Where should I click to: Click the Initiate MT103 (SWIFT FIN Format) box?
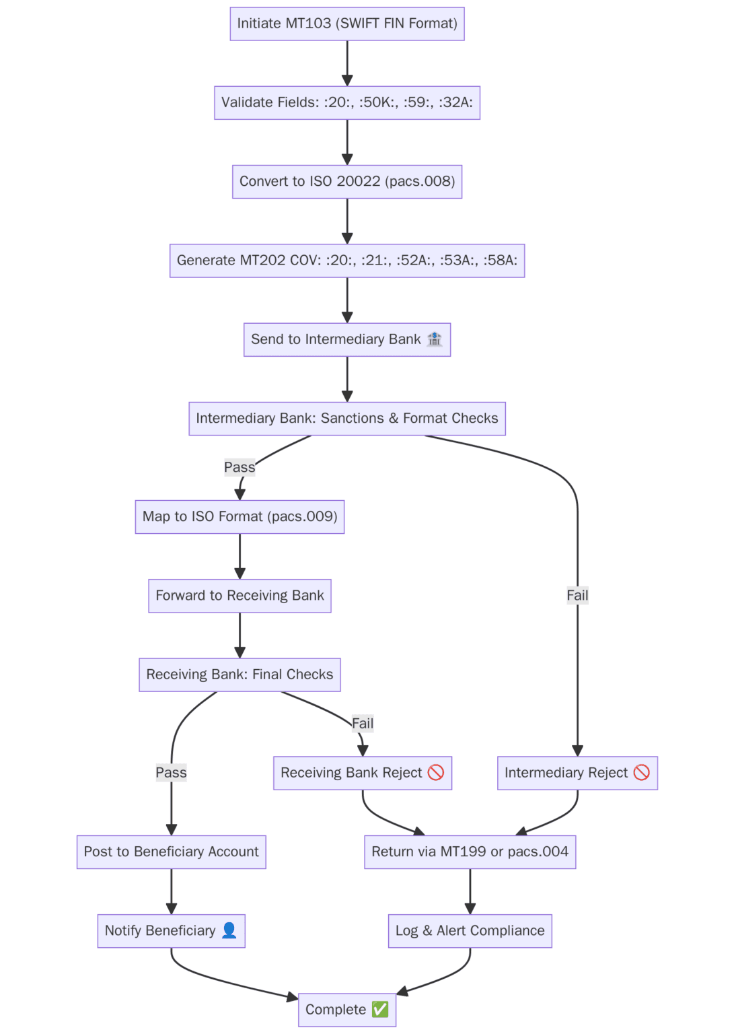347,24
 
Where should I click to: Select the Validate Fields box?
347,102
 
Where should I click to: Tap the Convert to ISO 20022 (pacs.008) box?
347,181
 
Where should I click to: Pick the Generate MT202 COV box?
347,261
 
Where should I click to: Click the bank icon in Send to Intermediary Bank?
435,339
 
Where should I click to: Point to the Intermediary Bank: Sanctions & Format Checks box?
347,418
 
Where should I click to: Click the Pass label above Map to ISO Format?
240,467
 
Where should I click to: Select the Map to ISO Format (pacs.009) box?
240,516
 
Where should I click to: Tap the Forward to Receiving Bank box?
240,596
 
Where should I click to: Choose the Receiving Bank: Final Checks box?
240,675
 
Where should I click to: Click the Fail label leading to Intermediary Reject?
577,595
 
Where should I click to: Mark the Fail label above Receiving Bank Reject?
363,724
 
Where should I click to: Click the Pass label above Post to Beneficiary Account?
172,773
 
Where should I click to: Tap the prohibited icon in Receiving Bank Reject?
436,772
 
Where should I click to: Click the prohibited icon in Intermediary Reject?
642,772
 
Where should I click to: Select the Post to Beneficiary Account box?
172,852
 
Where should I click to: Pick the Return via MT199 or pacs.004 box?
470,852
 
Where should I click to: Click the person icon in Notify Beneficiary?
229,930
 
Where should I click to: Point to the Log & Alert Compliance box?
470,930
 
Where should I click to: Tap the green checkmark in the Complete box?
380,1009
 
